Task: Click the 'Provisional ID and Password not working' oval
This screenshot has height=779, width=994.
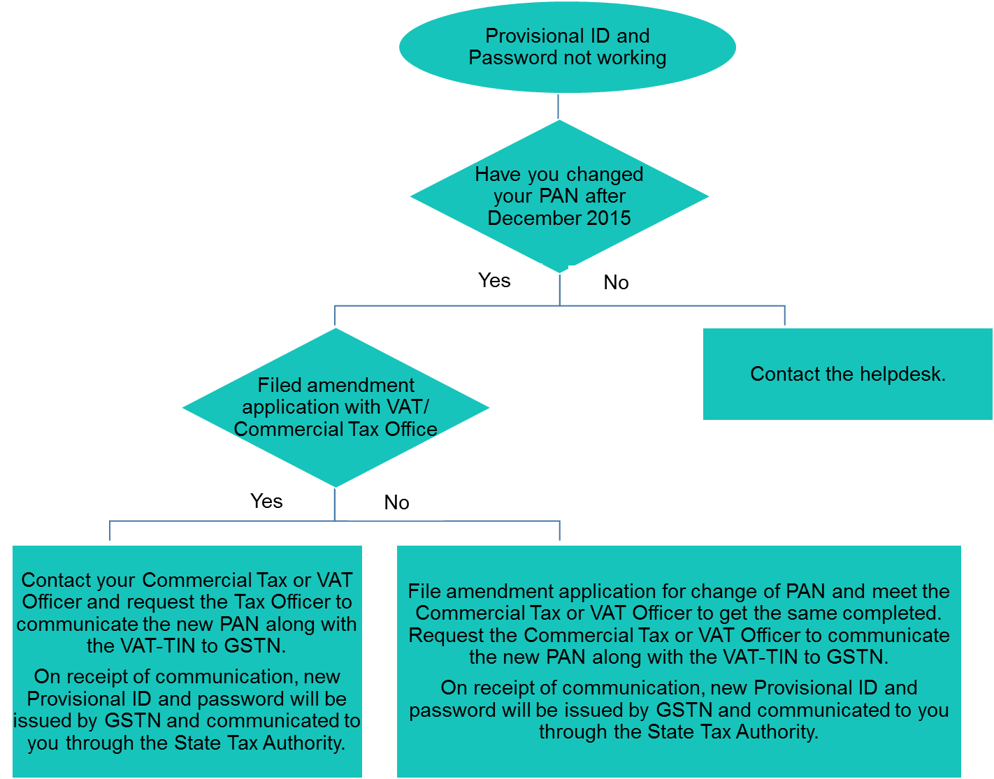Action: (x=567, y=47)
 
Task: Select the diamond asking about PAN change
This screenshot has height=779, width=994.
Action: (x=559, y=196)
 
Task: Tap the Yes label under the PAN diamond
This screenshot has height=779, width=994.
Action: (x=494, y=281)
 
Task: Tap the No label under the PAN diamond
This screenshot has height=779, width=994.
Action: (x=616, y=283)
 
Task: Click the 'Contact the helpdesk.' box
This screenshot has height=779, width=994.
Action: (x=847, y=374)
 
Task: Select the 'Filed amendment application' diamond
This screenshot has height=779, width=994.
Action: (x=336, y=407)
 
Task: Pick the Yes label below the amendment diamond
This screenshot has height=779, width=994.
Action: (x=266, y=502)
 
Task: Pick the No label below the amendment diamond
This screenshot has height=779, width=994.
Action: (x=396, y=503)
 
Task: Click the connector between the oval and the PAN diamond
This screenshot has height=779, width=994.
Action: (x=559, y=106)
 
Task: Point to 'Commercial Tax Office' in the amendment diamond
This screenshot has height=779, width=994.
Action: (x=336, y=430)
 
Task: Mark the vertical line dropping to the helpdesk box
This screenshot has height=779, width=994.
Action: (x=784, y=316)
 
